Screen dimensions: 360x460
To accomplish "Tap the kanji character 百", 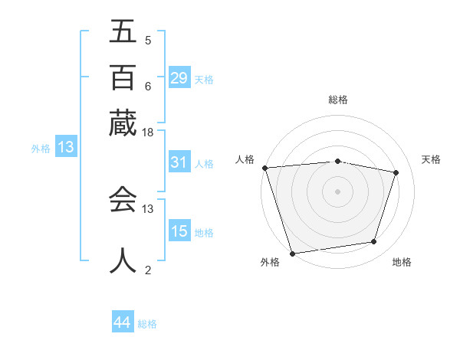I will click(x=123, y=77).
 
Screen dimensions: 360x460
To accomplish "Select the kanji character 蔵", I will click(x=123, y=123).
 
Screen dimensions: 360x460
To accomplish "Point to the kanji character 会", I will click(x=123, y=200).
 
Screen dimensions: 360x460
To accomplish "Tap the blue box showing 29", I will click(x=179, y=78).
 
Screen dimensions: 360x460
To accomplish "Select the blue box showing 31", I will click(x=179, y=162).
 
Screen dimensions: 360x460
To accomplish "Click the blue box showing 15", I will click(x=179, y=231).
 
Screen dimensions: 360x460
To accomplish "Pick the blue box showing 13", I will click(x=65, y=148).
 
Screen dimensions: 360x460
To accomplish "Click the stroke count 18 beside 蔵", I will click(x=148, y=133).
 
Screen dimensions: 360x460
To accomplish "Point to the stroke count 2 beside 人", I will click(x=148, y=270).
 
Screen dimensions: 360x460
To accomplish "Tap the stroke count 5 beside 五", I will click(x=148, y=40).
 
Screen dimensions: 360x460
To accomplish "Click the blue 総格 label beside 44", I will click(x=147, y=324).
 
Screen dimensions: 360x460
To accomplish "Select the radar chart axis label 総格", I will click(x=338, y=100).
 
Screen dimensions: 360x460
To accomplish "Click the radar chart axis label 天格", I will click(x=432, y=159).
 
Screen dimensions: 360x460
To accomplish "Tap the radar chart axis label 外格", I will click(x=270, y=263).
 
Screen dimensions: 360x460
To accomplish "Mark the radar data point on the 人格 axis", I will click(x=264, y=168).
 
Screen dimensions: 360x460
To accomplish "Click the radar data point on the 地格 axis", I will click(x=374, y=242).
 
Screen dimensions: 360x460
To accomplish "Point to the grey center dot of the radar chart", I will click(x=338, y=191).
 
